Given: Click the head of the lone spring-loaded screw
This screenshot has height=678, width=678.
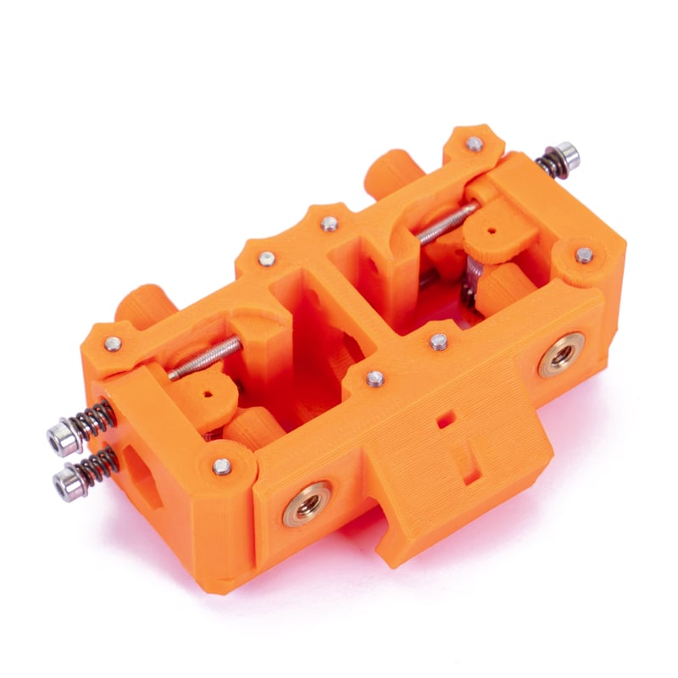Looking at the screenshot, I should (569, 154).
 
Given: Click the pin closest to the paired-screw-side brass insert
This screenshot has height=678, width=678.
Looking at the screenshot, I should (222, 465).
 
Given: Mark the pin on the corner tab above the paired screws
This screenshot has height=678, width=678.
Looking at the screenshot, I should (112, 343).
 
